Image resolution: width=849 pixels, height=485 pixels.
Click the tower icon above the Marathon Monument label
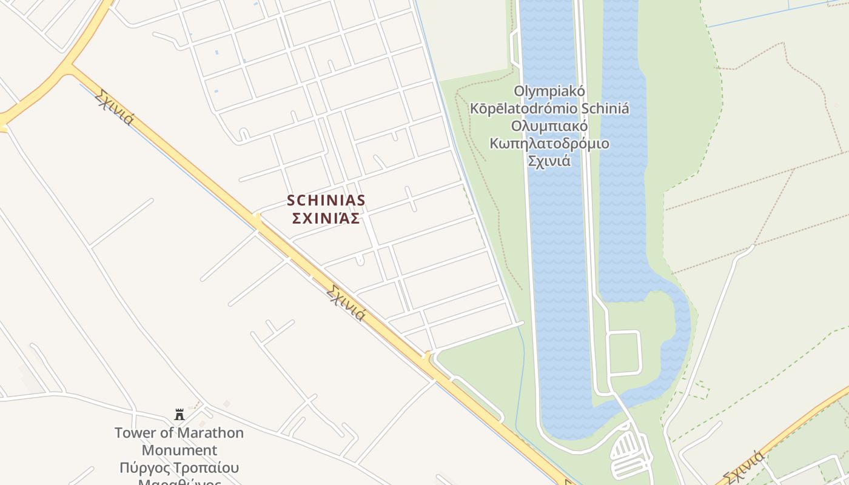180,415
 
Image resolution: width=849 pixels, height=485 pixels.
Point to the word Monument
179,450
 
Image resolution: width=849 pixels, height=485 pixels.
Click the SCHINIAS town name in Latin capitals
326,200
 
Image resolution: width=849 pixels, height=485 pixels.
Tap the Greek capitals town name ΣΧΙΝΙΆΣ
326,218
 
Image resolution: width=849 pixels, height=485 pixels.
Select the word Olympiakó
549,91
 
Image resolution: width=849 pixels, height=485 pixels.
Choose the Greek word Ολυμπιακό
549,127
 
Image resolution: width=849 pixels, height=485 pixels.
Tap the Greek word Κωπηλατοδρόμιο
549,144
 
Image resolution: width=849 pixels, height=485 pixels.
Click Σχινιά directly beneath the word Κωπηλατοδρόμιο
549,162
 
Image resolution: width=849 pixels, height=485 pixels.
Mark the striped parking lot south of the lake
628,452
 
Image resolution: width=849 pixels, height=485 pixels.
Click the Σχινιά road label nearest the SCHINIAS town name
346,303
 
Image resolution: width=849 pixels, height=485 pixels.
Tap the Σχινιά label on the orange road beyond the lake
744,467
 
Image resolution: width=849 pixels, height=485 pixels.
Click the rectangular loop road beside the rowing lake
624,352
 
